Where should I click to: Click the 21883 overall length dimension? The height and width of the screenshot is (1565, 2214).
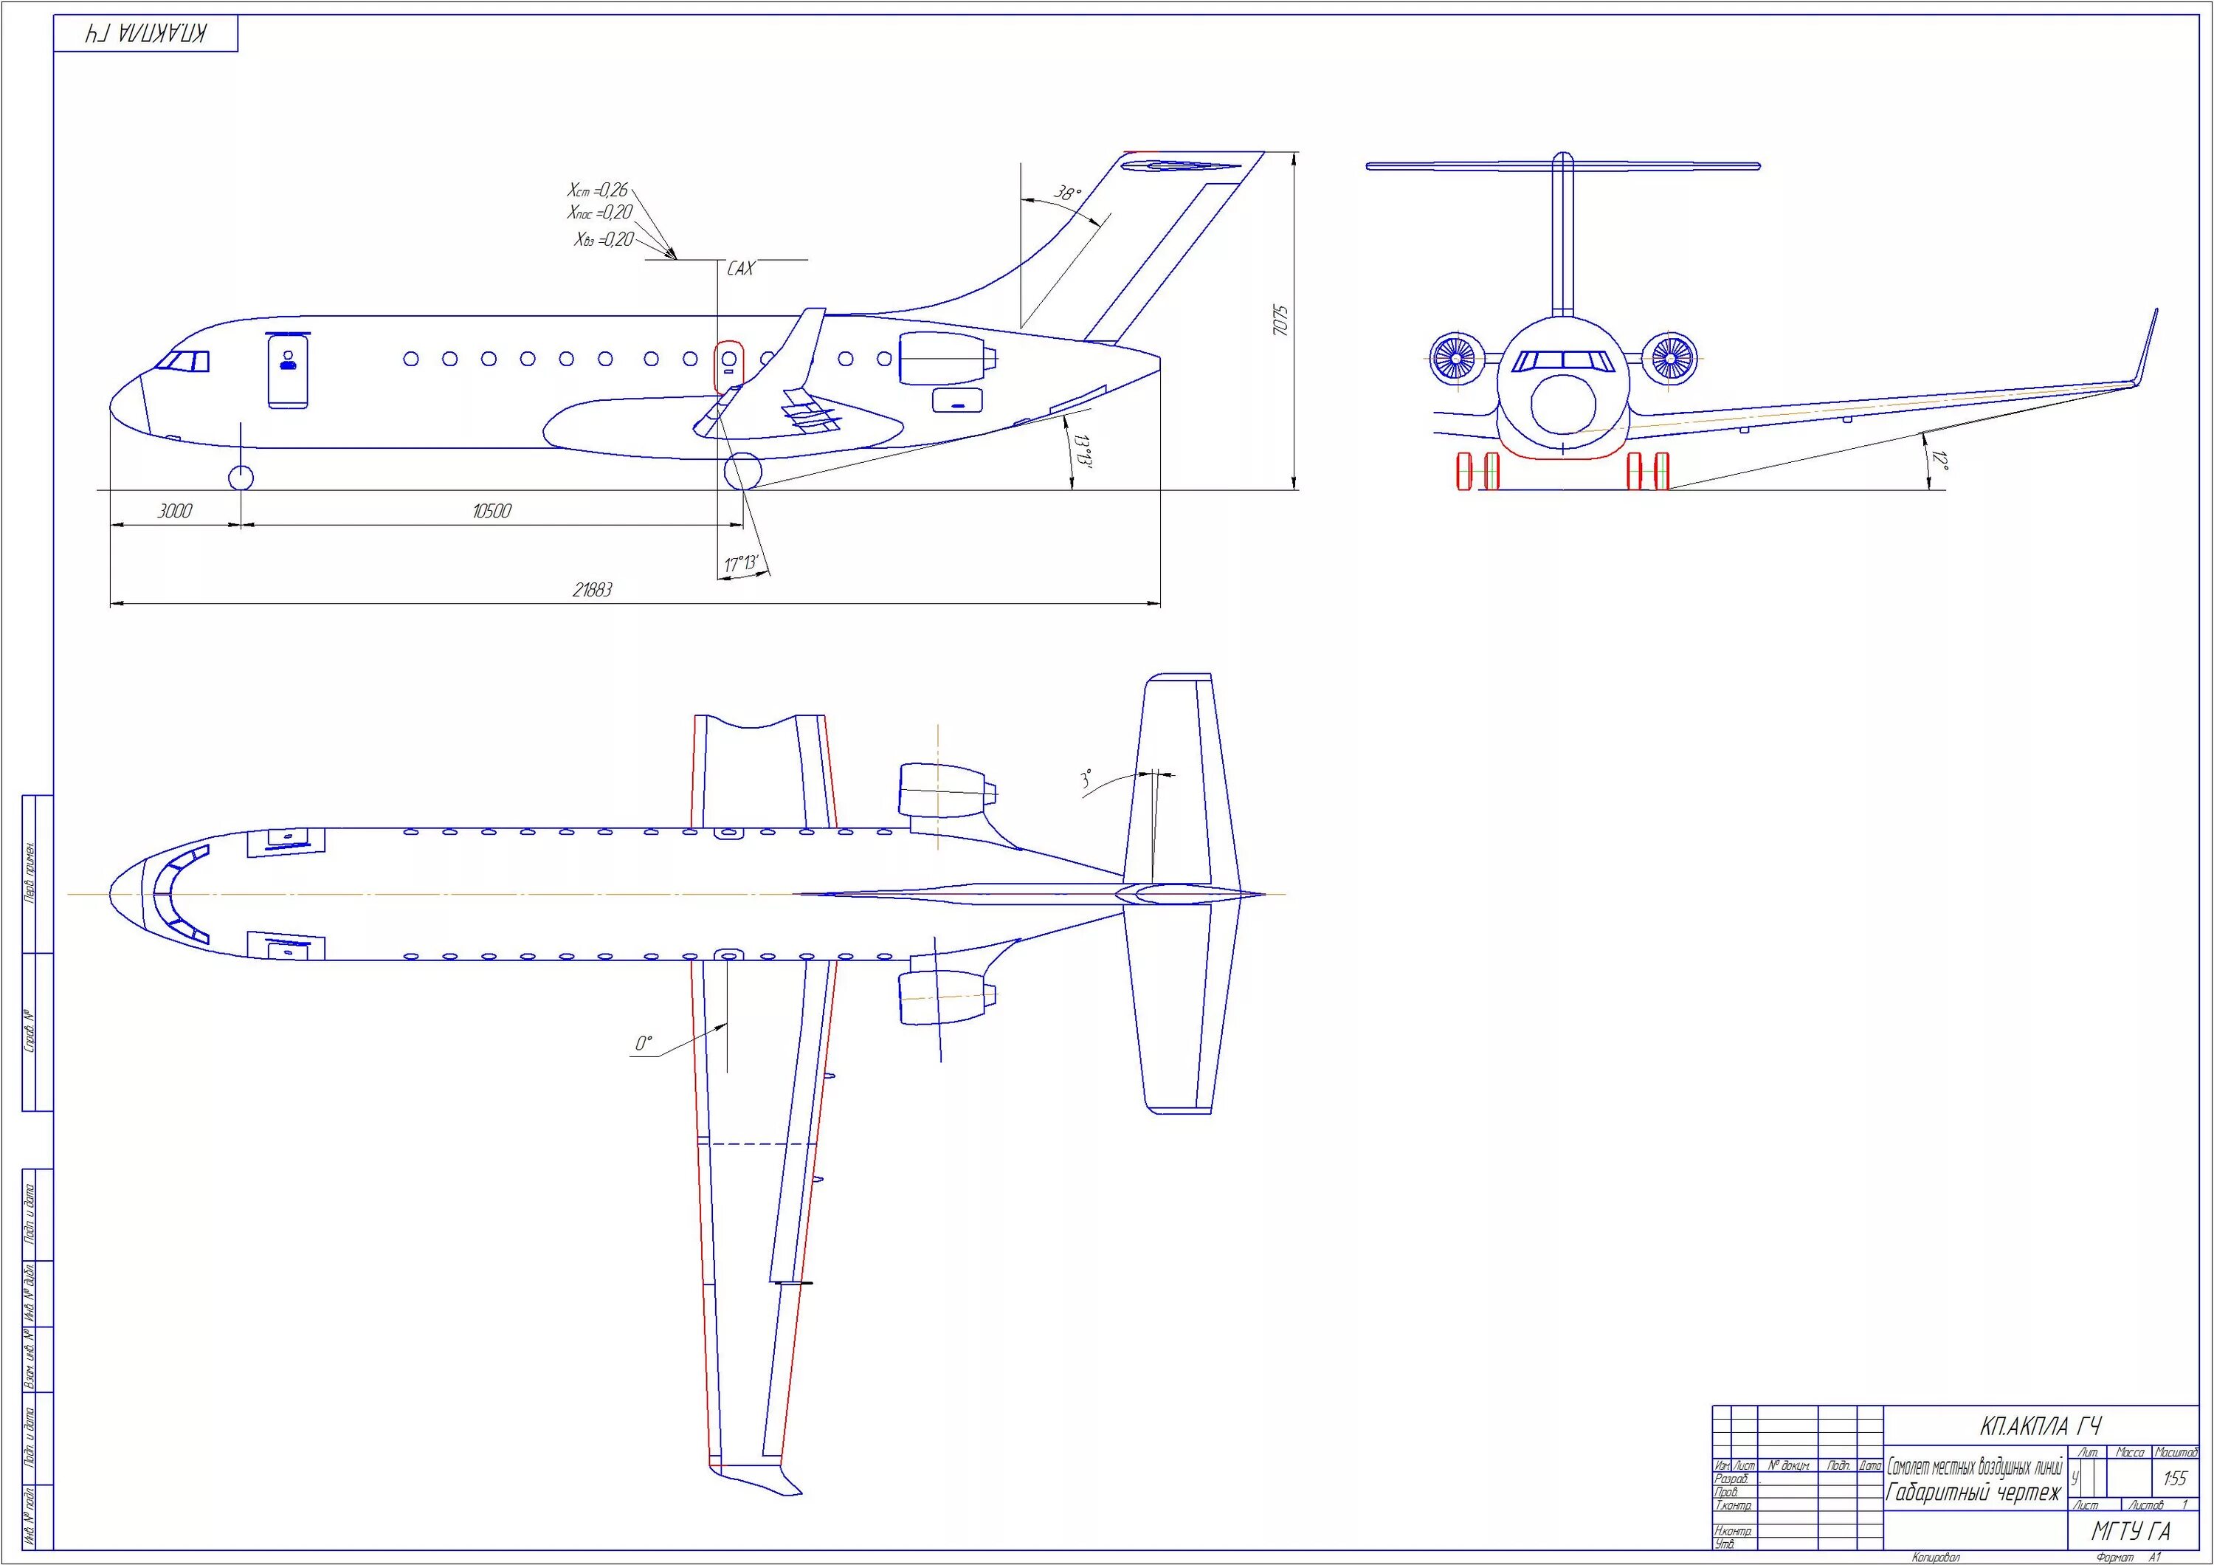pos(592,590)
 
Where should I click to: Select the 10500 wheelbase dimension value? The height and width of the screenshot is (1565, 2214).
pos(491,511)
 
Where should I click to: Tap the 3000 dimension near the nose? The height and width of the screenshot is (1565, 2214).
pos(174,511)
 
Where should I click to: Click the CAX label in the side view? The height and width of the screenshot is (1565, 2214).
pos(739,269)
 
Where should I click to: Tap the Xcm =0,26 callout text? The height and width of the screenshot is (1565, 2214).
pos(597,190)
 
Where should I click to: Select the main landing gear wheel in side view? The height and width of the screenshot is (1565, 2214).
pos(742,472)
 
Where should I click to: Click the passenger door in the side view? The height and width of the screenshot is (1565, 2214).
pos(289,371)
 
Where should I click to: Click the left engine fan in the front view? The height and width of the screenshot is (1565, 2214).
pos(1454,358)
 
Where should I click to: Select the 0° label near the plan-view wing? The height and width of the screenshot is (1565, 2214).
pos(644,1043)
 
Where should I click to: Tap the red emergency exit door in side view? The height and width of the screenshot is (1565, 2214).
pos(728,365)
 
